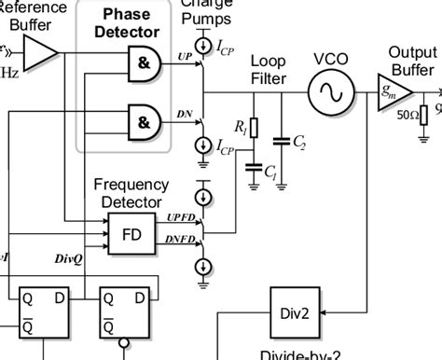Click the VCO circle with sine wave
(x=331, y=92)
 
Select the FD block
(x=131, y=233)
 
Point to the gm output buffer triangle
(x=393, y=92)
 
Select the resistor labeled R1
(x=253, y=128)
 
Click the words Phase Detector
(x=126, y=23)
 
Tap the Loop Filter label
(x=269, y=70)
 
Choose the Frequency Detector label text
(x=131, y=193)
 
